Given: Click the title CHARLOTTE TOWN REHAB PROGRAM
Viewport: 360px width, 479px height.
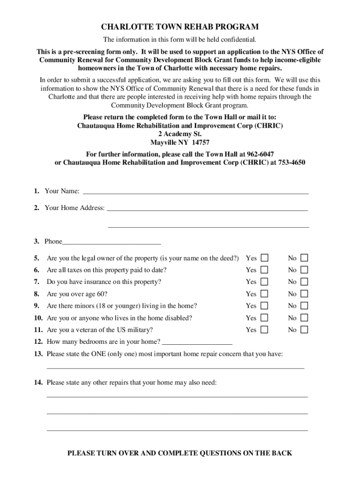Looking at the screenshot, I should click(x=180, y=27).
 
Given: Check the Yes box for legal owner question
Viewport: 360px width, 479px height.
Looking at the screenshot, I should click(x=265, y=258).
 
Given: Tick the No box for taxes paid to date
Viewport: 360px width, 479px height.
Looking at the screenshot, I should click(x=304, y=270).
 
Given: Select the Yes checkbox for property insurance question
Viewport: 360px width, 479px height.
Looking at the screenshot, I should click(x=265, y=282).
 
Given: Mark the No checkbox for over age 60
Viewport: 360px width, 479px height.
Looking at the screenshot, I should click(x=304, y=294).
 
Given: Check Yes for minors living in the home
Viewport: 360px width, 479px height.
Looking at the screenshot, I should click(x=265, y=305).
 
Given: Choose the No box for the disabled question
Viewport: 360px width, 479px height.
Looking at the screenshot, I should click(x=304, y=318).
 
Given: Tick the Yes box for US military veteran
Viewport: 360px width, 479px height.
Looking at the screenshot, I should click(x=265, y=330).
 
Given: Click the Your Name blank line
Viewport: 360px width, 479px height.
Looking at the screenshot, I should click(x=195, y=192).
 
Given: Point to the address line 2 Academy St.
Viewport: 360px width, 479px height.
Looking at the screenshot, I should click(x=180, y=134).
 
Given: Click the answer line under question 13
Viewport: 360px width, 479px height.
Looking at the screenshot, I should click(x=175, y=367).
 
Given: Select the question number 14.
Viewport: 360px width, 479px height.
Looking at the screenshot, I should click(x=38, y=383).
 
